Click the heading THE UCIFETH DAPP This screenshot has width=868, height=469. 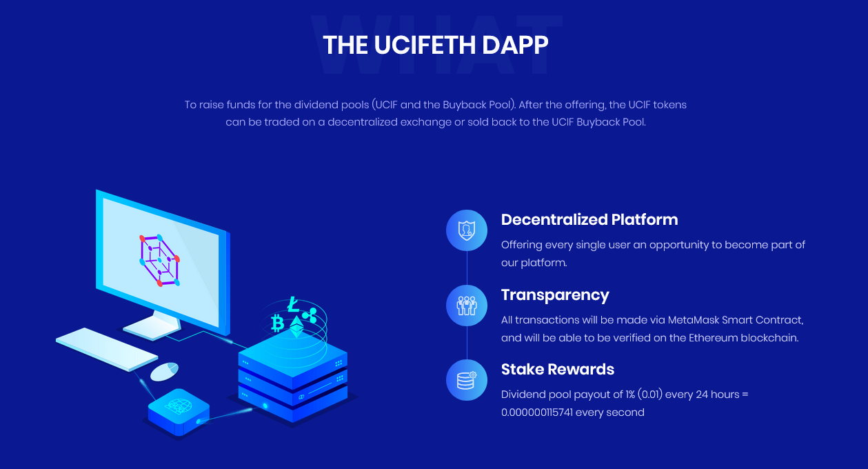point(436,45)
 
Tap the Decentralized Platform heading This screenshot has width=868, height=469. point(589,219)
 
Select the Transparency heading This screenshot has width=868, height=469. point(555,295)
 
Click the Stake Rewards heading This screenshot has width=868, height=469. point(558,370)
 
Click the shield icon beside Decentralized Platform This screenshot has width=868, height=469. point(467,230)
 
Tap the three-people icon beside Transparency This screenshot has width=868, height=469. point(467,306)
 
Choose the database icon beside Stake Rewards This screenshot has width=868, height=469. point(467,380)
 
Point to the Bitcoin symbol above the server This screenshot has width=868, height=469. point(277,323)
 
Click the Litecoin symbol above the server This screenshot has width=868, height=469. point(293,305)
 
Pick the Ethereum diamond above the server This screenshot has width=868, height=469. point(297,327)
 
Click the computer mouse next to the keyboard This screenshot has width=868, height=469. point(164,372)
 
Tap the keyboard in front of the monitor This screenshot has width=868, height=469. point(107,350)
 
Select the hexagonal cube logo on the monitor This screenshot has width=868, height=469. point(159,260)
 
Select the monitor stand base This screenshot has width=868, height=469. point(152,328)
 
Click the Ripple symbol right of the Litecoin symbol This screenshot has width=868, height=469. point(310,315)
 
